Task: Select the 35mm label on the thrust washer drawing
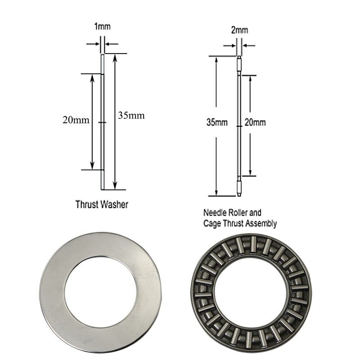point(131,115)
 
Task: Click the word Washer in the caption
point(113,204)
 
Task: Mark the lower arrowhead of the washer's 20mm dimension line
point(93,166)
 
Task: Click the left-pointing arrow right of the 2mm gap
point(247,45)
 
